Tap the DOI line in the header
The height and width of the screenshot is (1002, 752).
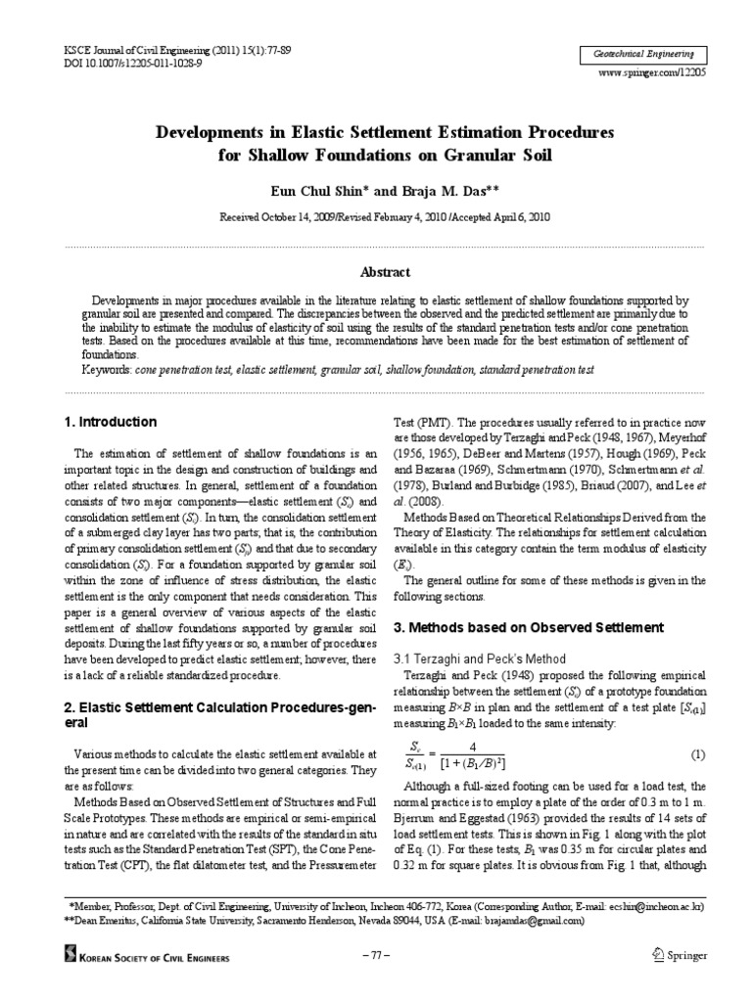(x=119, y=62)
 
